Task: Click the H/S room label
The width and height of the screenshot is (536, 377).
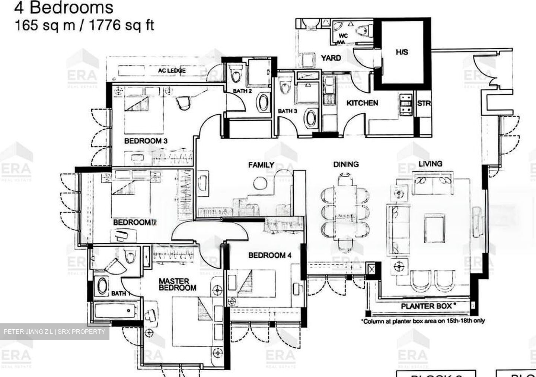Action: (402, 52)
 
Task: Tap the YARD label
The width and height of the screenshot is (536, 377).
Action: (331, 58)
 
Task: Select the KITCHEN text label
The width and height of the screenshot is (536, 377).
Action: (362, 103)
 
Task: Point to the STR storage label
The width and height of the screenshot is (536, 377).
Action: (424, 103)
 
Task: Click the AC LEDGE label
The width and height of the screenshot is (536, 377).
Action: (172, 70)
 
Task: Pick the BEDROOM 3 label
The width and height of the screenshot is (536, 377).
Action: (146, 141)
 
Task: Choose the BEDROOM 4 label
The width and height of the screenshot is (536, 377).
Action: (269, 255)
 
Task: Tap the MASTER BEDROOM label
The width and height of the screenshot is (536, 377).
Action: (177, 285)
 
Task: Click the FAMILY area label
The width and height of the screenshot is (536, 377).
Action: (261, 165)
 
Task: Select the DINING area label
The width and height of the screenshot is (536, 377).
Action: (346, 164)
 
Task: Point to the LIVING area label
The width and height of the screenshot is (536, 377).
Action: (430, 164)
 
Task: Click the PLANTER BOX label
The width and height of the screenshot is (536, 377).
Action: (426, 306)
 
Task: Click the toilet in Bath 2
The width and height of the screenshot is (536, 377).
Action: (235, 73)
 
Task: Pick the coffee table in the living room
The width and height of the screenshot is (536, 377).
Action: (434, 229)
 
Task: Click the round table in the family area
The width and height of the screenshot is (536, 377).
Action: (259, 183)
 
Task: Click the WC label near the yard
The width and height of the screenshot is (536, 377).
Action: (343, 36)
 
